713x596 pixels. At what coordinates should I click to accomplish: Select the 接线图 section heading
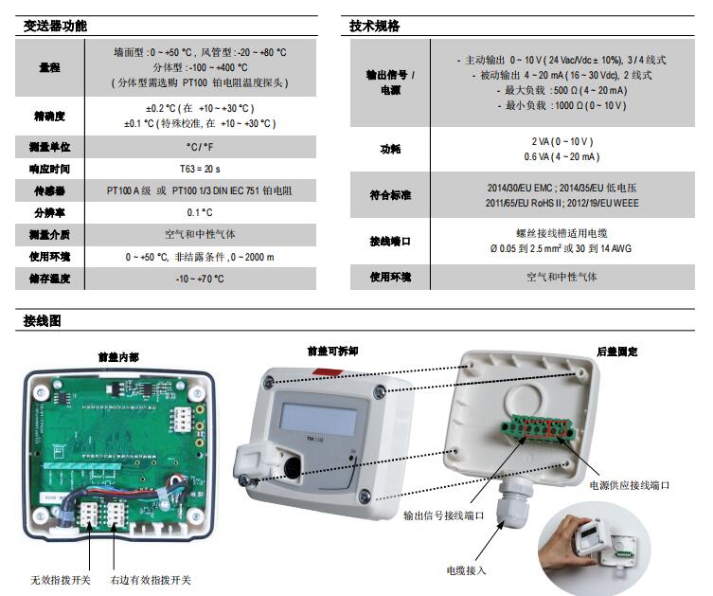click(x=42, y=321)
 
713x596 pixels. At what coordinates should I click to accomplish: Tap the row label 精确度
click(x=48, y=116)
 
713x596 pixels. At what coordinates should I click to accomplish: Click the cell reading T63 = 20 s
click(x=200, y=169)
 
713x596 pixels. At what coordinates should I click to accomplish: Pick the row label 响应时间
click(x=48, y=169)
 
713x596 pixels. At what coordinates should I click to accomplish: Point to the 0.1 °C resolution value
click(x=200, y=212)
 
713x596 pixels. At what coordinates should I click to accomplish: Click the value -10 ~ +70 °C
click(x=200, y=279)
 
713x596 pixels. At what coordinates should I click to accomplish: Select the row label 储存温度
click(x=48, y=279)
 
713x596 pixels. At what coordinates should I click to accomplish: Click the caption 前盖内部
click(x=118, y=356)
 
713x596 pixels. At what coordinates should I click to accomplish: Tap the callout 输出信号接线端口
click(x=443, y=516)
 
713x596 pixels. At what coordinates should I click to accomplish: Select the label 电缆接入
click(x=466, y=570)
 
